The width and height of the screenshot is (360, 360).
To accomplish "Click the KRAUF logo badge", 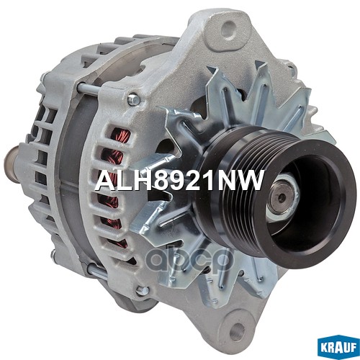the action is point(338,347).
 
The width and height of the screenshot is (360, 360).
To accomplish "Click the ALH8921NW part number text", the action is point(179,180).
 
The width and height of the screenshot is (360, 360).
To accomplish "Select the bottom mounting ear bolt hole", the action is point(237,330).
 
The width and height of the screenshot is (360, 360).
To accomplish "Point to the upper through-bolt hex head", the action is point(133,99).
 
